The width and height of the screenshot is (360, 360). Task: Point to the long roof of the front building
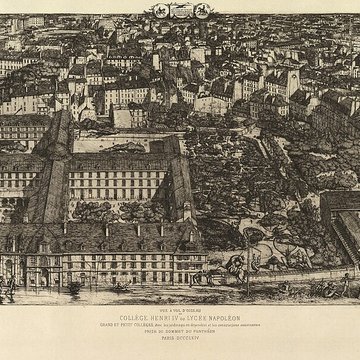coord(100,230)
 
